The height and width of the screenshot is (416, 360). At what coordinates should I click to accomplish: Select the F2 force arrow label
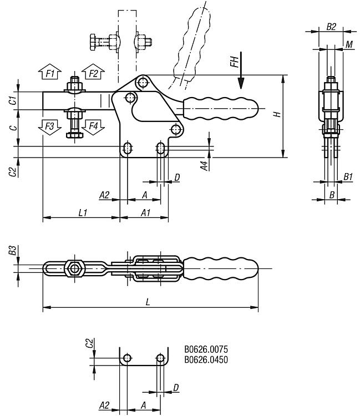coord(93,73)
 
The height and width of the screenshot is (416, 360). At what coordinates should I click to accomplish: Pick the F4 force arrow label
coord(93,126)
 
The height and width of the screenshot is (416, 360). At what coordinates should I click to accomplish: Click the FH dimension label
coord(235,62)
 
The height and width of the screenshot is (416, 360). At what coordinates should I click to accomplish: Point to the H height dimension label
coord(277,114)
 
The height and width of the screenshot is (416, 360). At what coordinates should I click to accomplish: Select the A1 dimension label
coord(145,213)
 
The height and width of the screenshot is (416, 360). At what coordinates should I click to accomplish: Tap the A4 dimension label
coord(205,164)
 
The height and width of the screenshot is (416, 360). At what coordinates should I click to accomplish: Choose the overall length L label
coord(148,302)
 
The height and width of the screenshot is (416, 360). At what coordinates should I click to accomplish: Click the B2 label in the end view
coord(331,27)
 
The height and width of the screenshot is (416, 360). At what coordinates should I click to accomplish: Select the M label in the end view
coord(349,44)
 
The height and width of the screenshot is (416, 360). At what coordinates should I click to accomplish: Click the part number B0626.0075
coord(206,349)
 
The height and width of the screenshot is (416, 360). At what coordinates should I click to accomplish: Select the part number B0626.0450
coord(206,359)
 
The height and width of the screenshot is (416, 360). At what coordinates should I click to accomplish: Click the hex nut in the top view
coord(73,268)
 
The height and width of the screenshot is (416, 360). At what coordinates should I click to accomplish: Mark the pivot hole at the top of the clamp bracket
coord(144,83)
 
